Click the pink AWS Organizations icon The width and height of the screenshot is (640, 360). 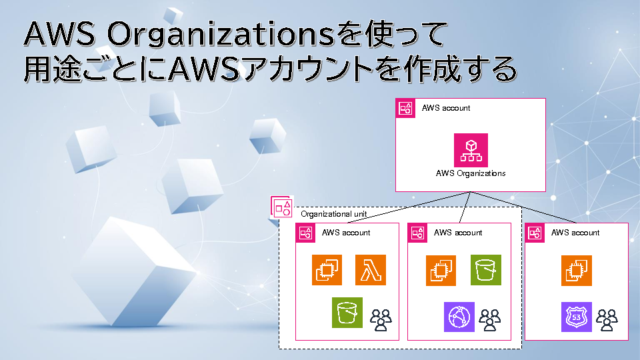pos(471,150)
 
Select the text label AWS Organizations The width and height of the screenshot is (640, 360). pos(471,173)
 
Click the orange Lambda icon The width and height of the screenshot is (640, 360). pos(371,270)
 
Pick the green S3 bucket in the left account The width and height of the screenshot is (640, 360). pos(347,313)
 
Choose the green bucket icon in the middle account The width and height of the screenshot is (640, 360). pos(486,270)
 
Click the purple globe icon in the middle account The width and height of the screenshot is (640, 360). pos(459,317)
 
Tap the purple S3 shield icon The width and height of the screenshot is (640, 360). pos(576,317)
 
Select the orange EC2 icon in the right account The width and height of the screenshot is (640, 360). pos(576,270)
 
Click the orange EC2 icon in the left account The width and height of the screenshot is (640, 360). pos(327,270)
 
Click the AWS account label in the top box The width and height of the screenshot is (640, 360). pos(446,108)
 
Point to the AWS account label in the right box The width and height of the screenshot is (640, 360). pos(575,233)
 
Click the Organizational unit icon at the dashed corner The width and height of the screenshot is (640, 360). pos(282,207)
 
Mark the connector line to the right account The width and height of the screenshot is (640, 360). pos(527,209)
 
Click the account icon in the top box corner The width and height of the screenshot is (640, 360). pos(405,108)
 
